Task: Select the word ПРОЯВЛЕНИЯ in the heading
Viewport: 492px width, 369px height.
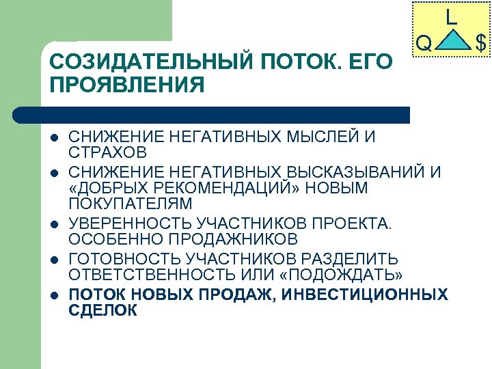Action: click(x=127, y=86)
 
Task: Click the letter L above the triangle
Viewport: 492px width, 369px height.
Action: click(x=451, y=16)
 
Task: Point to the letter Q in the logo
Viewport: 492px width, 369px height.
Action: click(x=424, y=45)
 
